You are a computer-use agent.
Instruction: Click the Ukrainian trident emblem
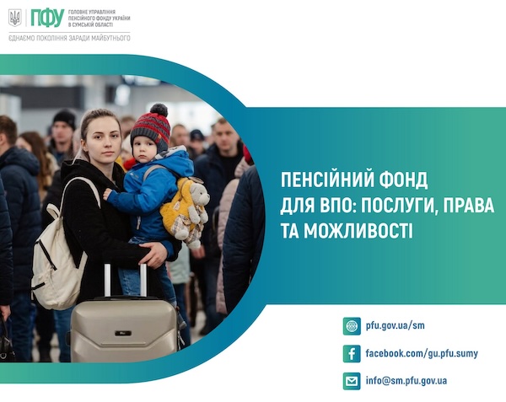(x=15, y=18)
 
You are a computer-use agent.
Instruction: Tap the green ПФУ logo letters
(x=47, y=18)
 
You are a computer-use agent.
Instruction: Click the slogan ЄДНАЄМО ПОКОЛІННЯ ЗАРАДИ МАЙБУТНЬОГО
(x=69, y=38)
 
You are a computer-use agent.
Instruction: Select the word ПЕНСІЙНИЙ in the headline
(x=326, y=180)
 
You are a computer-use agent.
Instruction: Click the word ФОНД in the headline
(x=403, y=180)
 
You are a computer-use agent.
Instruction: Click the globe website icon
(x=352, y=326)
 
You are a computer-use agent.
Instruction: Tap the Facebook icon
(x=352, y=354)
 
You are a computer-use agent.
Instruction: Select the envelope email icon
(x=352, y=382)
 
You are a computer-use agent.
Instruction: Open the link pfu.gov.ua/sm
(x=395, y=325)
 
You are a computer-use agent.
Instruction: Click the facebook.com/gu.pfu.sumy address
(x=422, y=353)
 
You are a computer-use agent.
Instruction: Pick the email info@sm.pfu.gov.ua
(x=406, y=381)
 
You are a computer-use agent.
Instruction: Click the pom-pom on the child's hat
(x=159, y=110)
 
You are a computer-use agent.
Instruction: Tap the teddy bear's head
(x=199, y=194)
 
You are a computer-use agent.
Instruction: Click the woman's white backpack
(x=59, y=255)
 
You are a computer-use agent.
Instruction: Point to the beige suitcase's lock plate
(x=123, y=333)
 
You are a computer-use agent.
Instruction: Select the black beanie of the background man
(x=65, y=118)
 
